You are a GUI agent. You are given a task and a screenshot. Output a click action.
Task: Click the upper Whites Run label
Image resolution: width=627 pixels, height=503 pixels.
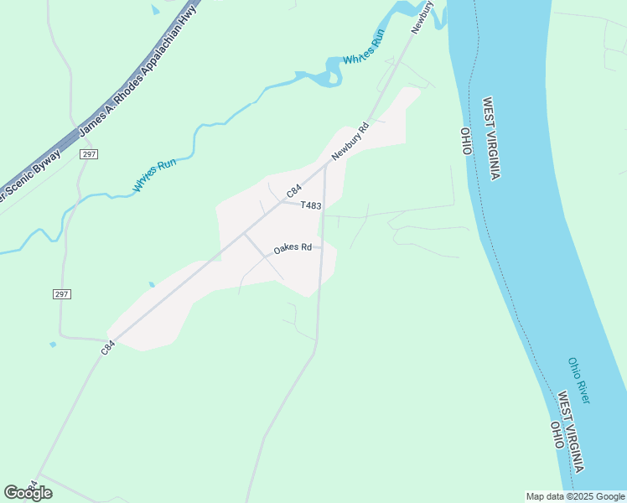[363, 49]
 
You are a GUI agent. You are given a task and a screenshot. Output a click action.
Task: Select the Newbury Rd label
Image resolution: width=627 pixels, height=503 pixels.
[350, 143]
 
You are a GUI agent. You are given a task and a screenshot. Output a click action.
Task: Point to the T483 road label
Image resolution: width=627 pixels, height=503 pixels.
[310, 205]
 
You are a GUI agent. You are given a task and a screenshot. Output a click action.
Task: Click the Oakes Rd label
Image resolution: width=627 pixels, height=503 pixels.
[293, 248]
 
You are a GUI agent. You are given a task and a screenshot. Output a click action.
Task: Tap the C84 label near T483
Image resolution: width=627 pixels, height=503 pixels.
[293, 191]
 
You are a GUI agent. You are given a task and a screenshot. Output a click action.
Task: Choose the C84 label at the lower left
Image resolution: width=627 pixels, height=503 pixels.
[107, 345]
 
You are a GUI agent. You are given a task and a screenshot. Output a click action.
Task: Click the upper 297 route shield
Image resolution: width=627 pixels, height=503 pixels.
[89, 155]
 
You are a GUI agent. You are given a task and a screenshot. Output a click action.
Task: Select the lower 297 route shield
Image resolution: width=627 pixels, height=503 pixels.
[61, 294]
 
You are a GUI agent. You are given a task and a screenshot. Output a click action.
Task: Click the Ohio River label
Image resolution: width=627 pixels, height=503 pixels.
[578, 381]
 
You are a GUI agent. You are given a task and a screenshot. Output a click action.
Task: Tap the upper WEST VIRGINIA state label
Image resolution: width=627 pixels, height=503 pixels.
[491, 138]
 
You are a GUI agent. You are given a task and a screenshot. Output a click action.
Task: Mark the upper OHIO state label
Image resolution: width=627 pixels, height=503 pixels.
[467, 142]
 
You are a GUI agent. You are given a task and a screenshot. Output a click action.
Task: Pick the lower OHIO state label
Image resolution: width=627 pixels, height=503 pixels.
[556, 435]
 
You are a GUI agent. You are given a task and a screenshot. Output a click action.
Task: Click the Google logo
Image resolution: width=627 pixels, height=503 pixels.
[28, 492]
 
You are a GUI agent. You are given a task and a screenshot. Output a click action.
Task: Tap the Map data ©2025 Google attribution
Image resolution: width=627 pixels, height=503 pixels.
[575, 496]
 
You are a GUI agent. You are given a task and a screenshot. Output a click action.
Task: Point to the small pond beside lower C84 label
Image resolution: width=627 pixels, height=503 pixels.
[53, 345]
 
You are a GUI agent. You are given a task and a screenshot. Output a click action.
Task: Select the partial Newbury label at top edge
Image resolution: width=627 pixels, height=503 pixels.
[422, 17]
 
